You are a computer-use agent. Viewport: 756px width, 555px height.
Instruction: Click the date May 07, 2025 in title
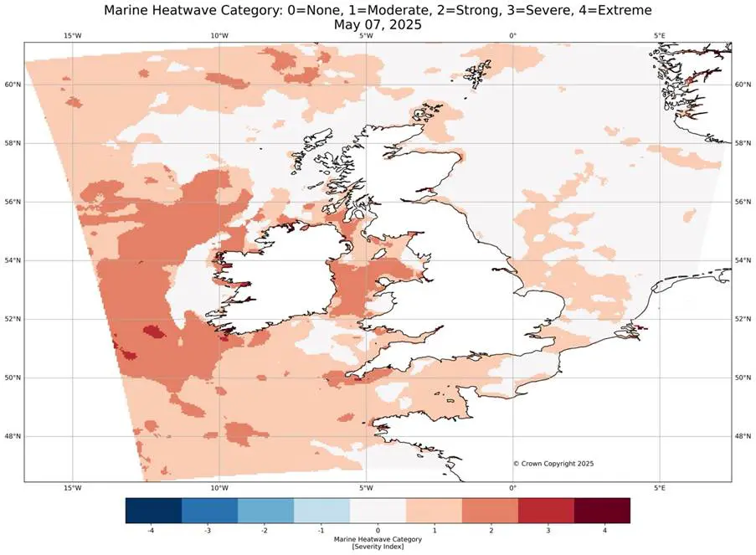pyautogui.click(x=377, y=25)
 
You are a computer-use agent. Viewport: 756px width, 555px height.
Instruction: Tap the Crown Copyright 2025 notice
pyautogui.click(x=553, y=463)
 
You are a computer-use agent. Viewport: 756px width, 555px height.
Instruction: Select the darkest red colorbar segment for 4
pyautogui.click(x=602, y=511)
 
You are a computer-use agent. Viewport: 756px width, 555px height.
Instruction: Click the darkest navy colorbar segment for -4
pyautogui.click(x=153, y=511)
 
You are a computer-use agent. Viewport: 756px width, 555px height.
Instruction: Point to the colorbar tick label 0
pyautogui.click(x=378, y=531)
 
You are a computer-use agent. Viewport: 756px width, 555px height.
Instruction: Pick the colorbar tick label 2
pyautogui.click(x=490, y=531)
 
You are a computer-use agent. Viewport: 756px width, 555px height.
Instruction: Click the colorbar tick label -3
pyautogui.click(x=209, y=531)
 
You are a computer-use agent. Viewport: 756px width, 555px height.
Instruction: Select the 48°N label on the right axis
pyautogui.click(x=742, y=436)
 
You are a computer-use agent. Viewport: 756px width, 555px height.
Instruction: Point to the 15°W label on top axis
pyautogui.click(x=73, y=35)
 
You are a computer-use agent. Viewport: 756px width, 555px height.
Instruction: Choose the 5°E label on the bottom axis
pyautogui.click(x=659, y=488)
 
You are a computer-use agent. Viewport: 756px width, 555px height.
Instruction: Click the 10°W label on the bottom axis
pyautogui.click(x=219, y=488)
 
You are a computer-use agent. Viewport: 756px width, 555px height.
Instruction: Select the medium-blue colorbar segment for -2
pyautogui.click(x=265, y=511)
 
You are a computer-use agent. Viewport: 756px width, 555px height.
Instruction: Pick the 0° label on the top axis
pyautogui.click(x=512, y=35)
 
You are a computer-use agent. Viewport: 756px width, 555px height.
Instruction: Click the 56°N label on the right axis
pyautogui.click(x=742, y=202)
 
